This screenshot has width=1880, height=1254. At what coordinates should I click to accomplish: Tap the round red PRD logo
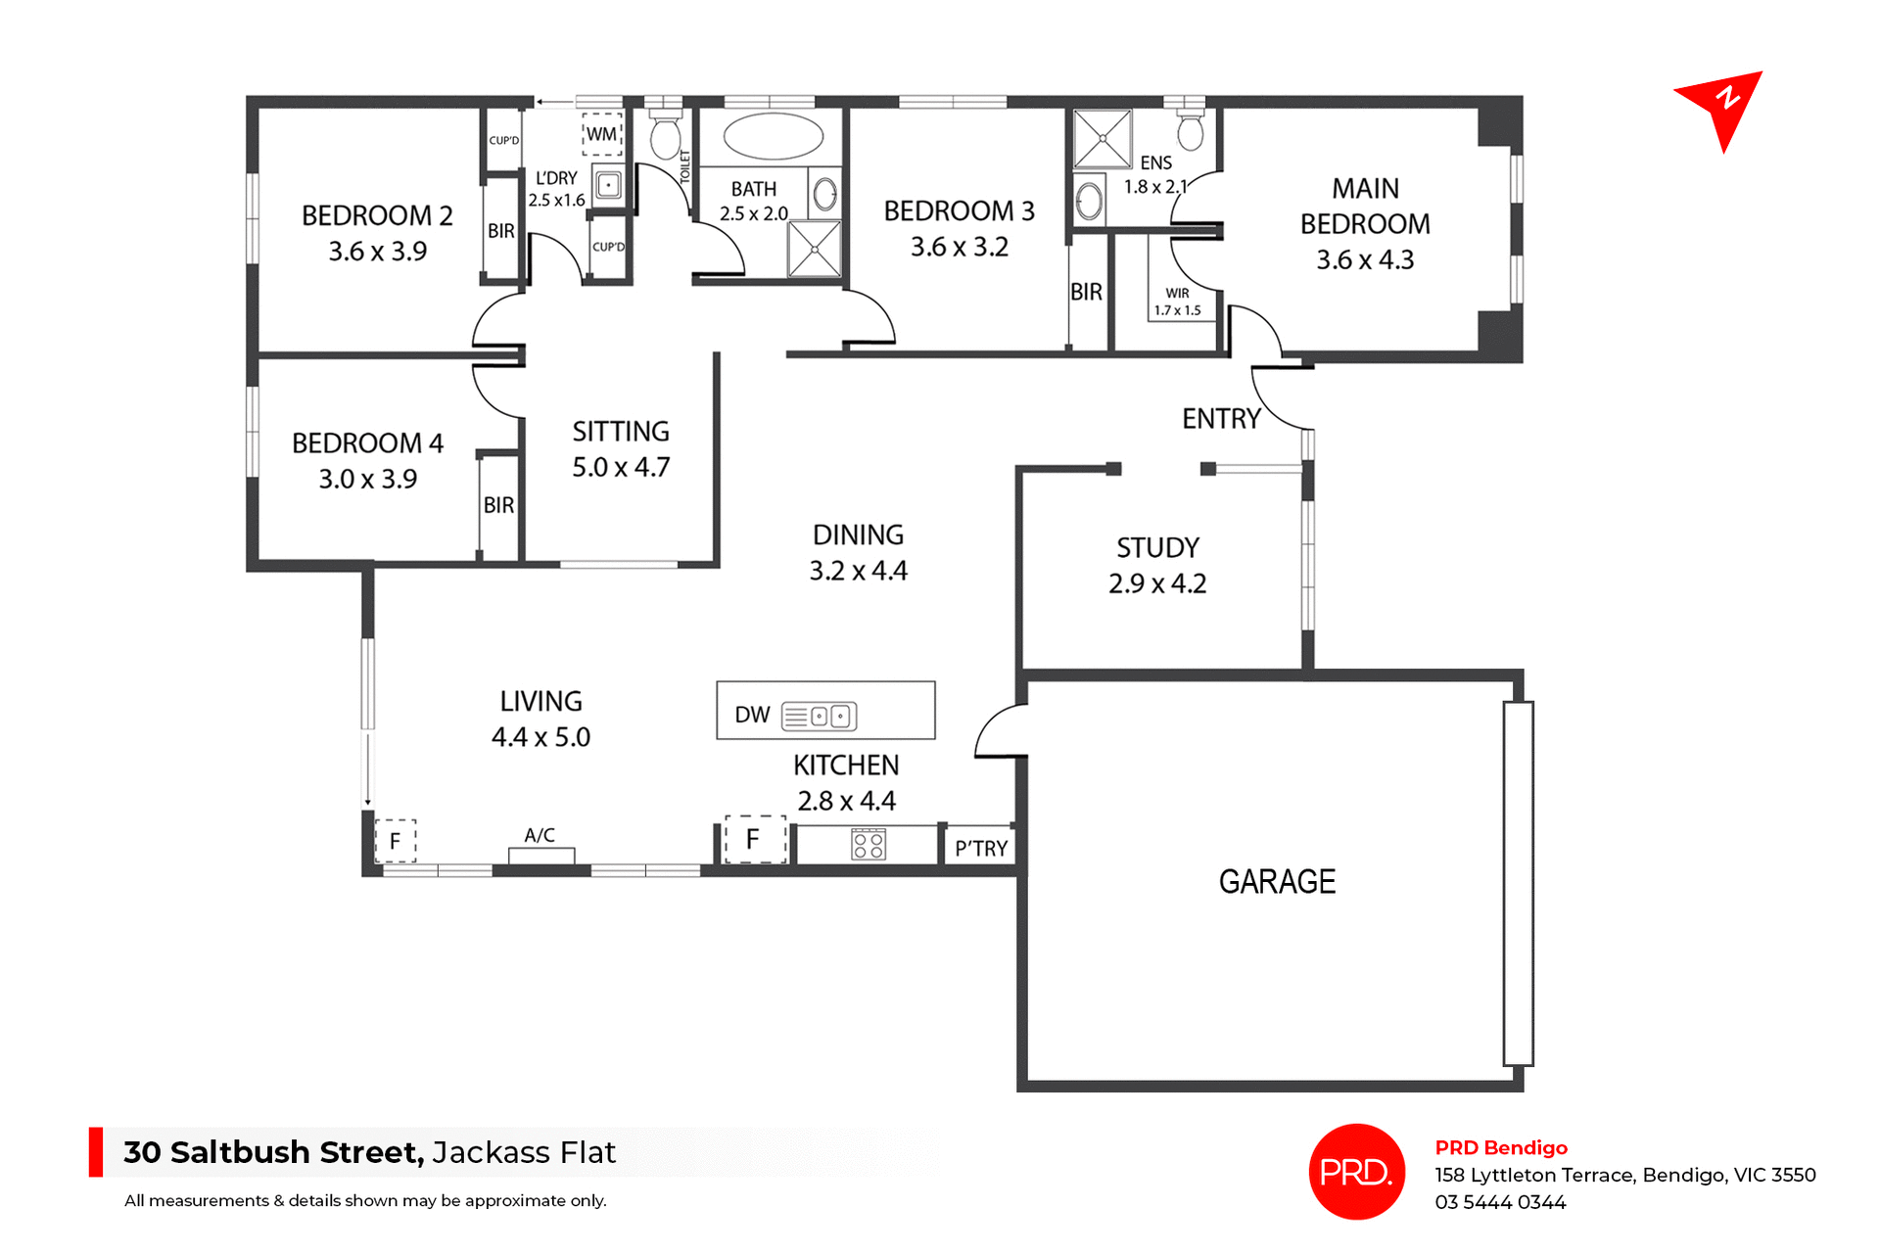(1356, 1171)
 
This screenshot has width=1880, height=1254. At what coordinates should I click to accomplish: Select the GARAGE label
(1277, 882)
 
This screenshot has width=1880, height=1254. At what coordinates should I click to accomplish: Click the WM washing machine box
(602, 135)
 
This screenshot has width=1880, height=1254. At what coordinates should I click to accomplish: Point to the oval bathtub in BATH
(773, 137)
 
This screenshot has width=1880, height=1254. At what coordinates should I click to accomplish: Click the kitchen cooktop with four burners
(869, 845)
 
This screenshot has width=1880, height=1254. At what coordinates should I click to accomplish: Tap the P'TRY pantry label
(981, 849)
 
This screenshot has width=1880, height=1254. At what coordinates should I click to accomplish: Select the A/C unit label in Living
(540, 835)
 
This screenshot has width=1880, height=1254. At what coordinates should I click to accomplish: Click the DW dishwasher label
(752, 715)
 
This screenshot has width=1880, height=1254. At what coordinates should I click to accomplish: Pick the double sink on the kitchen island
(829, 717)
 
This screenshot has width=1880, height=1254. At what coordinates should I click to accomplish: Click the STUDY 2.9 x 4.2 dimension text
(1157, 583)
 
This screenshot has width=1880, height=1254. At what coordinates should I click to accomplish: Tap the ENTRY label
(1221, 419)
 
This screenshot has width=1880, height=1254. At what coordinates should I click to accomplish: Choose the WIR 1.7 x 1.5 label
(1177, 302)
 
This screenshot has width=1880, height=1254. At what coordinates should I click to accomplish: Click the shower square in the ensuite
(1103, 139)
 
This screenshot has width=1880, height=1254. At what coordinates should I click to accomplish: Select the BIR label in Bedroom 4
(498, 505)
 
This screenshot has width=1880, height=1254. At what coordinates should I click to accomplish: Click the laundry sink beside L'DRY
(608, 184)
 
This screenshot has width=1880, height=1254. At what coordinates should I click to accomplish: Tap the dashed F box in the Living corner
(396, 841)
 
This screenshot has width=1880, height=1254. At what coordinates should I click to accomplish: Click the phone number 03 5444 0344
(1500, 1202)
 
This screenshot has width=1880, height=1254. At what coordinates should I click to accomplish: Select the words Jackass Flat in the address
(524, 1152)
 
